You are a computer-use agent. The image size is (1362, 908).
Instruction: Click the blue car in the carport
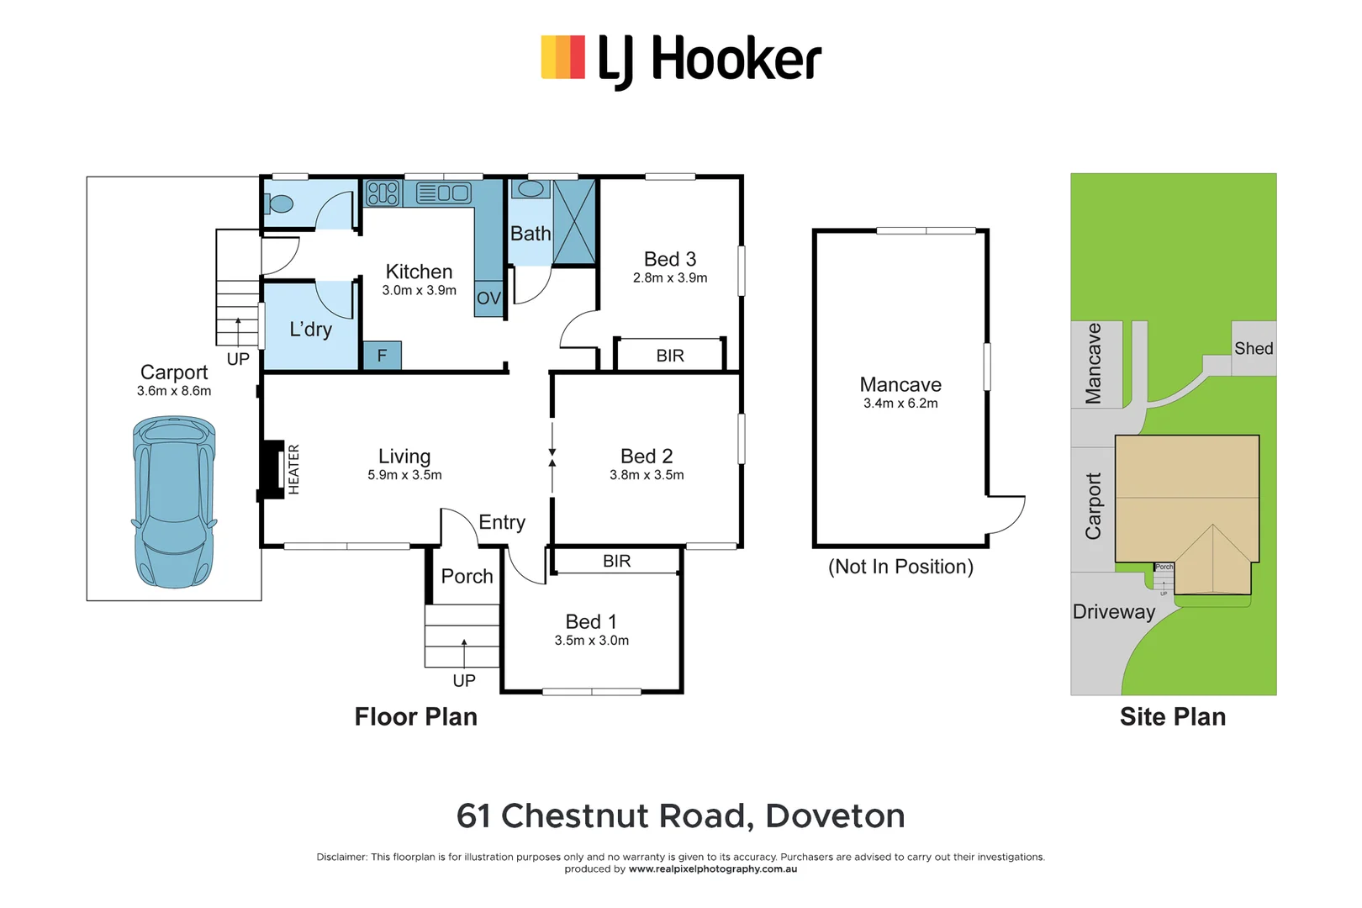pyautogui.click(x=174, y=502)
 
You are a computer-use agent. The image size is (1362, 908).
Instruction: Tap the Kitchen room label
pyautogui.click(x=419, y=272)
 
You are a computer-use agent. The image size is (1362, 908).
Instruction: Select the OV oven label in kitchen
pyautogui.click(x=488, y=298)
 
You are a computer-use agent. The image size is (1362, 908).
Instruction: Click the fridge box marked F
pyautogui.click(x=382, y=356)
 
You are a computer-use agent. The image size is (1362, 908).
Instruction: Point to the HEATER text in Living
pyautogui.click(x=293, y=469)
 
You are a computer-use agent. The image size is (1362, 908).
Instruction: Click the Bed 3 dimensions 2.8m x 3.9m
pyautogui.click(x=670, y=278)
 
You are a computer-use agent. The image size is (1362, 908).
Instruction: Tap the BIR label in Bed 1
pyautogui.click(x=616, y=561)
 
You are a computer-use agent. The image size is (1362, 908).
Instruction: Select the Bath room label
pyautogui.click(x=531, y=234)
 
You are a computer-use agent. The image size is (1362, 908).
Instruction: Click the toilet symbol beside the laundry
pyautogui.click(x=280, y=203)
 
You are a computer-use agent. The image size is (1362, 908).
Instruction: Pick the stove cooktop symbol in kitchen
pyautogui.click(x=383, y=193)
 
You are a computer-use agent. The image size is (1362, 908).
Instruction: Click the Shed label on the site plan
pyautogui.click(x=1253, y=348)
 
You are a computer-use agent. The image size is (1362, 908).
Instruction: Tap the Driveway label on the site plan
pyautogui.click(x=1113, y=612)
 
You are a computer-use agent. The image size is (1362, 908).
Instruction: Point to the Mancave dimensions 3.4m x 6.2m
pyautogui.click(x=900, y=404)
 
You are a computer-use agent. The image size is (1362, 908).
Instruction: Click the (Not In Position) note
pyautogui.click(x=900, y=567)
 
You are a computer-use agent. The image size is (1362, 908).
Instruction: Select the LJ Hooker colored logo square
pyautogui.click(x=562, y=57)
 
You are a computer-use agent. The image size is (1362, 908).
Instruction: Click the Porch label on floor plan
pyautogui.click(x=467, y=577)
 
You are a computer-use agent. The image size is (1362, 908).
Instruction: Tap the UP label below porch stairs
pyautogui.click(x=464, y=680)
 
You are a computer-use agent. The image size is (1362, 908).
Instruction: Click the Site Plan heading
pyautogui.click(x=1172, y=716)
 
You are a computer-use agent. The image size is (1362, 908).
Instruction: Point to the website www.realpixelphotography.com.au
pyautogui.click(x=712, y=869)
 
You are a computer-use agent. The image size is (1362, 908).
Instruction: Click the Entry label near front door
pyautogui.click(x=502, y=522)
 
